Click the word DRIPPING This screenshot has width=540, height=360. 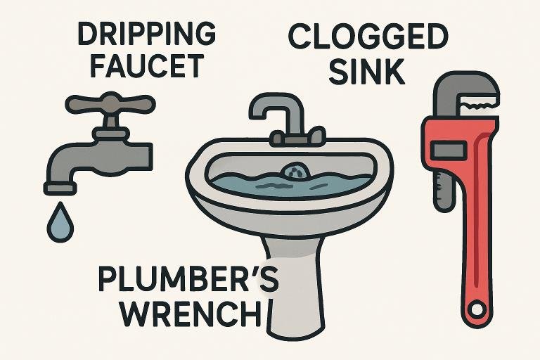147,33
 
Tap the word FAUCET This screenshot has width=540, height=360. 147,66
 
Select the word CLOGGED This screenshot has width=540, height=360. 368,36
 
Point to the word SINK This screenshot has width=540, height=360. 367,72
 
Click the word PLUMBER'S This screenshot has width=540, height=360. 188,279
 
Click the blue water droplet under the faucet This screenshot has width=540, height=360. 60,223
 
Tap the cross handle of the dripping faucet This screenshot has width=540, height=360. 110,103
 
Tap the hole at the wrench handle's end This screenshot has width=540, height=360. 477,309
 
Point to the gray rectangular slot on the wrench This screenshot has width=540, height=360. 449,150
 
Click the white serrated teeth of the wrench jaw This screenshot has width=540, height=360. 479,103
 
